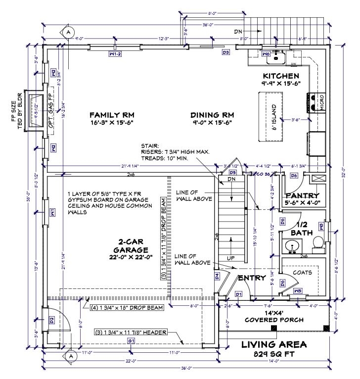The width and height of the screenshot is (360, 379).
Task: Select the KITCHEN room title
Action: coord(281,76)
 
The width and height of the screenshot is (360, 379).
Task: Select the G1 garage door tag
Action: coord(131,341)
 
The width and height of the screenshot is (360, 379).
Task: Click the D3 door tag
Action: coord(225,52)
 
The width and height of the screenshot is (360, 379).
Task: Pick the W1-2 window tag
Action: coord(115,53)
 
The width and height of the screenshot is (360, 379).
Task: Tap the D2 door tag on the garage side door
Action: coord(51,321)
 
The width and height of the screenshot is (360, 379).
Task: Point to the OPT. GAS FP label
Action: coord(50,111)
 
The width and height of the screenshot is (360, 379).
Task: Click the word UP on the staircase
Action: coord(230,258)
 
